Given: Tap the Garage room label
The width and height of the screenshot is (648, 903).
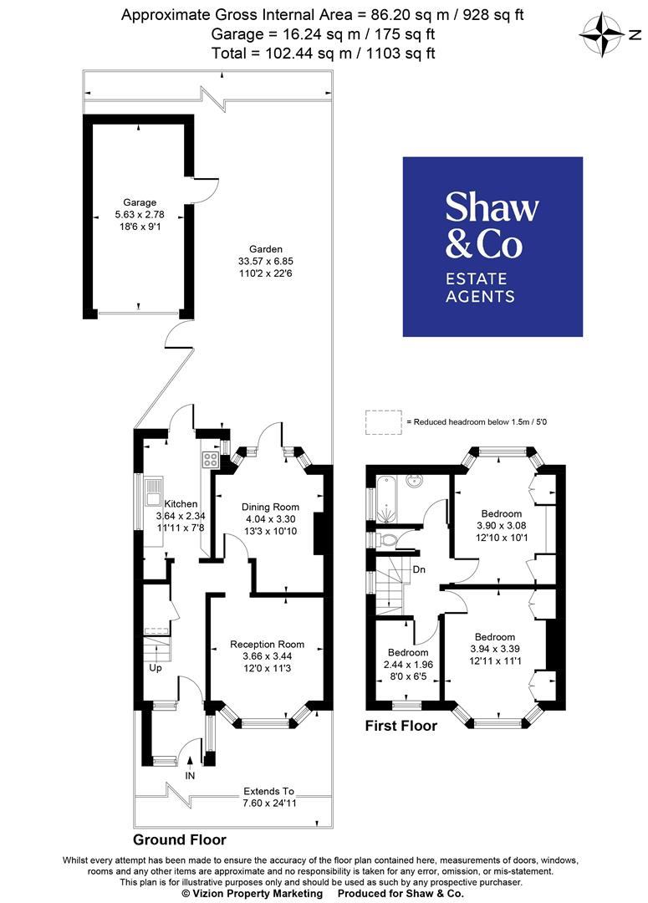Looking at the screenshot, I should point(140,202).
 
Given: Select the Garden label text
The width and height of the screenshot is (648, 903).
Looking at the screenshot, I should point(266,248).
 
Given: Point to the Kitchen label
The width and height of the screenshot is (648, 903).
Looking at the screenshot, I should point(181,503).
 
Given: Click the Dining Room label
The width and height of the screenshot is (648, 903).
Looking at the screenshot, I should point(270,507).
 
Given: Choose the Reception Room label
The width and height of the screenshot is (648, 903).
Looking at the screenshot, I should point(268,644).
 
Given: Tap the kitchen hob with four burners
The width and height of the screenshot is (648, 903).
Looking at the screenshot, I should point(210,459).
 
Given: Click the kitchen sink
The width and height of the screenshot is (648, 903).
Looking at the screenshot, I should point(155,492).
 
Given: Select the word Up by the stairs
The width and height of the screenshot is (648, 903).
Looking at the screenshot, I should point(156,668).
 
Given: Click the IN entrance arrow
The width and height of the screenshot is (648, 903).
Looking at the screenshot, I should point(191,762).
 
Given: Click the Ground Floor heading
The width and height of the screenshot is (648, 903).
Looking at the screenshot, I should point(179,839).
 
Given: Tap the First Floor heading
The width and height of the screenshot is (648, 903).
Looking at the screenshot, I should point(401,726).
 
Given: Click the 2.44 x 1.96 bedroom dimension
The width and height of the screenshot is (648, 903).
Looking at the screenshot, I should point(407,664).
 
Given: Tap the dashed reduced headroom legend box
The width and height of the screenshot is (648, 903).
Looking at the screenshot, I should point(382,423).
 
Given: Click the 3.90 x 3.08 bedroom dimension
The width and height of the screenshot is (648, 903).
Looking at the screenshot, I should point(502,525).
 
